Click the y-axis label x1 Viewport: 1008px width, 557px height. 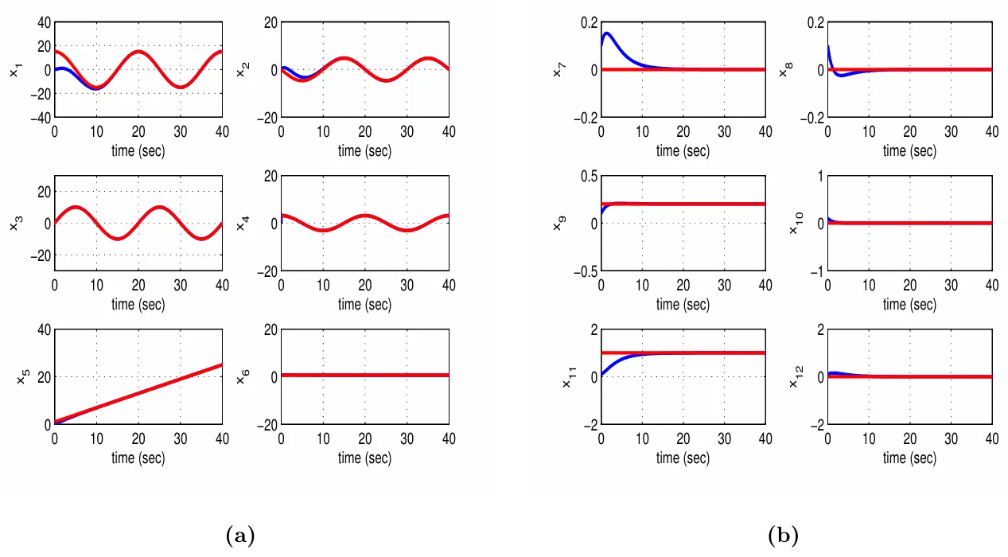pos(15,71)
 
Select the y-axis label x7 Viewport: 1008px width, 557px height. pos(558,71)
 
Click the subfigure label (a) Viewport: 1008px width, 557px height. pos(240,536)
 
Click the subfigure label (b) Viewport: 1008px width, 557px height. pos(783,536)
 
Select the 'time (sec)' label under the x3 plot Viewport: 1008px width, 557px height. pos(138,304)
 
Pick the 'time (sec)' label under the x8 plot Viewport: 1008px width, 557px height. pos(909,150)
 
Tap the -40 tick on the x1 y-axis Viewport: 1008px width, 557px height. pos(41,118)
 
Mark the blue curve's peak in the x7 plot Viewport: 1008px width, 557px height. pos(606,33)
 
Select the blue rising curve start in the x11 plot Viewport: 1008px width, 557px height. pos(602,373)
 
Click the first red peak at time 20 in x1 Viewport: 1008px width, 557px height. pos(138,52)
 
